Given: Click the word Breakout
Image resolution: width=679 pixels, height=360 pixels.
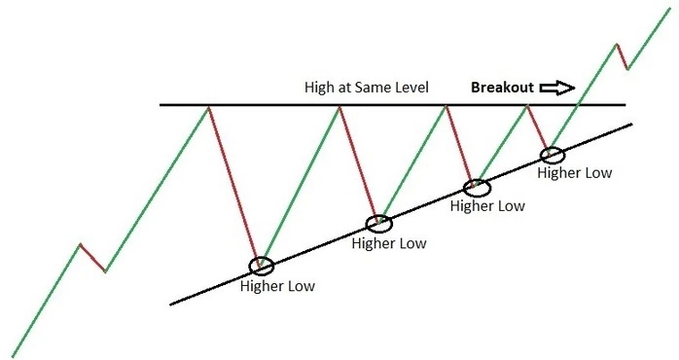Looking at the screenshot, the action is tap(502, 88).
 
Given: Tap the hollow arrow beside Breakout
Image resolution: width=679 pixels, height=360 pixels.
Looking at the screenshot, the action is tap(558, 88).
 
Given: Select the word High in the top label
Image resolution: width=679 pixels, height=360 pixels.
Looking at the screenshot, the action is tap(319, 88).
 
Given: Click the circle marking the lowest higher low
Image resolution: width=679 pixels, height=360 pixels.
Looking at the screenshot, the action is tap(262, 266).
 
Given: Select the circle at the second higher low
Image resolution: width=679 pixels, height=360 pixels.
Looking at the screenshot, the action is tap(379, 223).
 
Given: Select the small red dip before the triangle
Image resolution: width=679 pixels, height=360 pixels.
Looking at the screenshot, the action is tap(92, 258).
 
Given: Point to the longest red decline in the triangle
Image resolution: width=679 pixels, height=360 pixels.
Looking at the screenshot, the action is tap(234, 185).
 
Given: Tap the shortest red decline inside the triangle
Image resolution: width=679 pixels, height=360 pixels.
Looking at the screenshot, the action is tap(539, 128).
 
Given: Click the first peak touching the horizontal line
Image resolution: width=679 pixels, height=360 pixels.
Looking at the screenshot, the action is tap(208, 105).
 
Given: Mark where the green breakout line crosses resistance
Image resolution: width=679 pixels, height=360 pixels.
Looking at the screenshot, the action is tap(579, 104).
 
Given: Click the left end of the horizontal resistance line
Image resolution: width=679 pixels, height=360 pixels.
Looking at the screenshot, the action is tap(162, 104).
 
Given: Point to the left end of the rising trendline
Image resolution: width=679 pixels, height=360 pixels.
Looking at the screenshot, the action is tap(171, 305).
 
